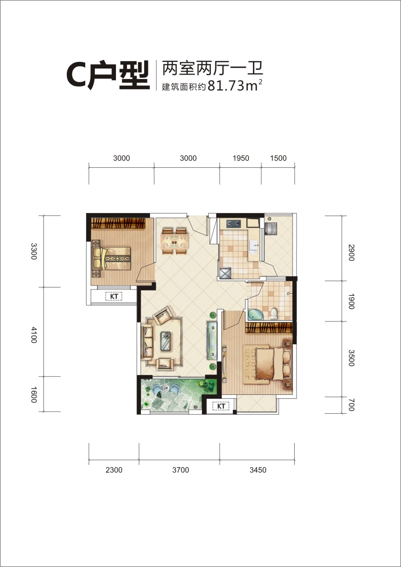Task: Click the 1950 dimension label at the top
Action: pos(241,158)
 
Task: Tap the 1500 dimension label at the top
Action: pos(278,158)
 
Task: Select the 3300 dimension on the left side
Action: pos(34,251)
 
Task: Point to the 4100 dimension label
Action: pos(34,335)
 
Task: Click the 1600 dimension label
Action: pos(34,395)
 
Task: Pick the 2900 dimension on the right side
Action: pos(351,253)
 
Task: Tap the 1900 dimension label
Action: pos(351,301)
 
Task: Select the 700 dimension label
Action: pos(351,405)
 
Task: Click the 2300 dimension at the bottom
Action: pos(114,470)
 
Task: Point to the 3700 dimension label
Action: pos(181,470)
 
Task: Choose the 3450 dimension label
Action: pos(258,470)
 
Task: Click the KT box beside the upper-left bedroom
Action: pos(114,296)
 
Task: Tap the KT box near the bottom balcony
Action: pos(221,406)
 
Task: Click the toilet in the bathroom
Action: pos(274,314)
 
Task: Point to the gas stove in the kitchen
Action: pos(234,224)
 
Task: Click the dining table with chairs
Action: pos(175,241)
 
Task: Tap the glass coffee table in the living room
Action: pos(167,341)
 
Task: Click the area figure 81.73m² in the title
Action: pos(235,86)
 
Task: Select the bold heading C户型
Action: pos(108,75)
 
